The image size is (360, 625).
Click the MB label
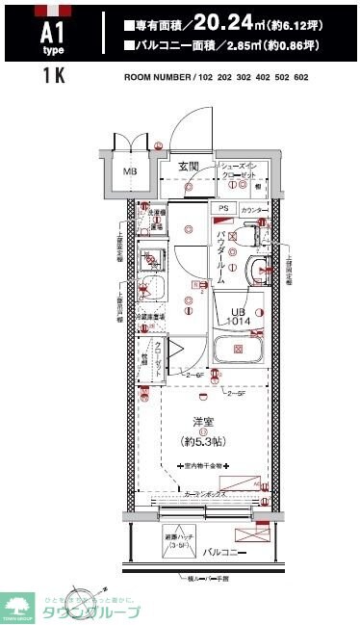click(x=127, y=172)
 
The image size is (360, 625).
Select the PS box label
click(x=223, y=208)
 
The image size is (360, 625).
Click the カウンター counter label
click(x=256, y=209)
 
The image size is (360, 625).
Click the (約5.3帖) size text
click(x=202, y=440)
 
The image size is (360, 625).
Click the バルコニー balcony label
click(x=223, y=552)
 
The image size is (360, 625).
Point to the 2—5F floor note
click(x=236, y=393)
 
